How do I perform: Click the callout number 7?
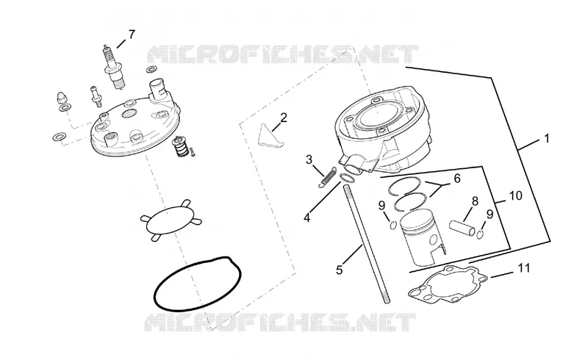point(132,35)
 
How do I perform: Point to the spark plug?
point(113,68)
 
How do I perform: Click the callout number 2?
point(284,118)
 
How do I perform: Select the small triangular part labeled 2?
point(270,136)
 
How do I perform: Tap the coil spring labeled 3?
point(327,177)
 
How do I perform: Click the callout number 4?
point(307,217)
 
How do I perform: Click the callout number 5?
point(339,270)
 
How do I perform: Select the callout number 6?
point(456,178)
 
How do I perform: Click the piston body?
point(422,237)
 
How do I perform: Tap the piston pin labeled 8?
point(462,228)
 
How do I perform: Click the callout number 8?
point(475,201)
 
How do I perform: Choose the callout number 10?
point(516,195)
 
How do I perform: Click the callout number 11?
point(524,268)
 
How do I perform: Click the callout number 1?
point(546,138)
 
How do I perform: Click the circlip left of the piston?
point(392,225)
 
